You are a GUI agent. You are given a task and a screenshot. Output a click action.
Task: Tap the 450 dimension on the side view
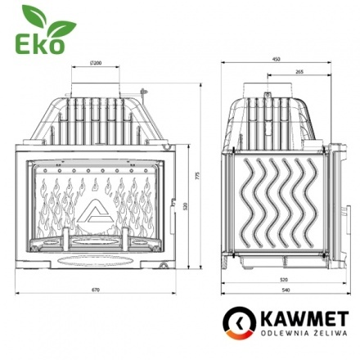(276, 59)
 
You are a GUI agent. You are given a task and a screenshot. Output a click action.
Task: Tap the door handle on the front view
(174, 205)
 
